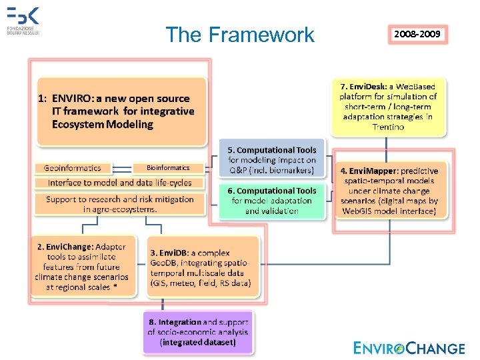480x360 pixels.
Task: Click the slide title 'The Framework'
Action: click(239, 35)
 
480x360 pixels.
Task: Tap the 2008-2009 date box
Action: click(417, 33)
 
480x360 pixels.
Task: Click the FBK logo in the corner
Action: click(24, 21)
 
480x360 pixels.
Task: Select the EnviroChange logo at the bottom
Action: click(409, 347)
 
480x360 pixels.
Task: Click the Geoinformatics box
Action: click(73, 168)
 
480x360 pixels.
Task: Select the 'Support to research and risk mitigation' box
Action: click(121, 204)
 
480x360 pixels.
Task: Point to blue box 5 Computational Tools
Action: click(272, 160)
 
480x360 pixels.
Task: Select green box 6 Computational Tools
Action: click(272, 201)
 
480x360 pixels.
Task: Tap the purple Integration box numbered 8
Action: click(198, 332)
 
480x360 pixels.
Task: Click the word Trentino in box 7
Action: click(388, 127)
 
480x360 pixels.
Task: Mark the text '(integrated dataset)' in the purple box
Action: click(198, 342)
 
